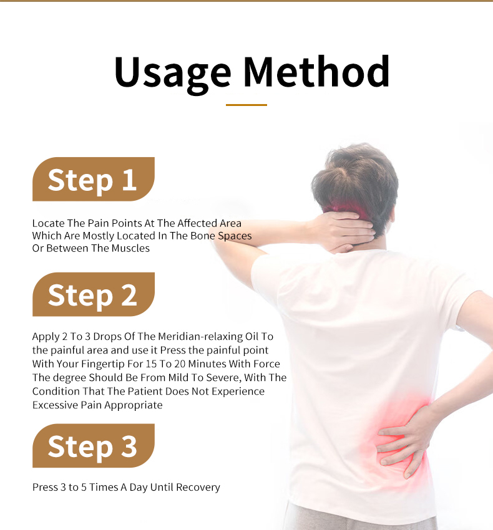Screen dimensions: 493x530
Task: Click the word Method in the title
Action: point(316,72)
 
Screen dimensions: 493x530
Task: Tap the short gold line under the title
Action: point(246,105)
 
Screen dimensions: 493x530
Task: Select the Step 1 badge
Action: point(94,179)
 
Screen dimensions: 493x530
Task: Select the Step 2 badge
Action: point(94,294)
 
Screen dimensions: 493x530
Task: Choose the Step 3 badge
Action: point(94,446)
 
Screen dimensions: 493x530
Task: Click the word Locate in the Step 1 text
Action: point(49,223)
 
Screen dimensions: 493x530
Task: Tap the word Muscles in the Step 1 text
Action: point(130,248)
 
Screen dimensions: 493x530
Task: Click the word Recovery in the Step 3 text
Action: point(198,488)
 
